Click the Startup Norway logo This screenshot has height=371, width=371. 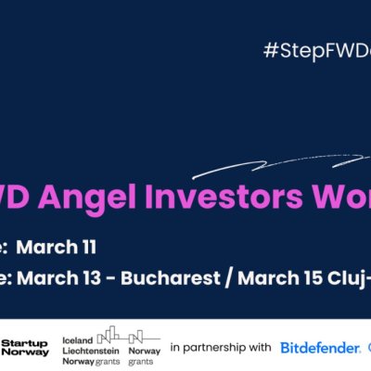[x=25, y=348]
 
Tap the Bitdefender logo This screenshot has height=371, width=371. [x=320, y=348]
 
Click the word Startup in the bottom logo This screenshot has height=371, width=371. [x=25, y=343]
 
